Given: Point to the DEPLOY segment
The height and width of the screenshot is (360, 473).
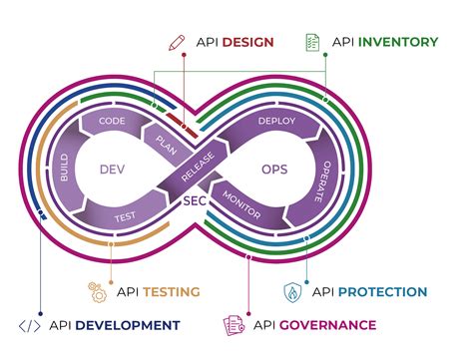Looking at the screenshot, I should click(x=277, y=121).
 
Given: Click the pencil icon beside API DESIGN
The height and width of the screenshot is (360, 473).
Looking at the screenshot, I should click(x=177, y=42).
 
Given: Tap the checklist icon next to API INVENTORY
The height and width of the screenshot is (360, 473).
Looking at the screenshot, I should click(x=312, y=42).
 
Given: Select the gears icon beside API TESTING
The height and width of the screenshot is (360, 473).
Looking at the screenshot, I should click(x=98, y=291).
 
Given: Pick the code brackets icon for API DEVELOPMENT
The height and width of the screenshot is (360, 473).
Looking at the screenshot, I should click(x=30, y=325).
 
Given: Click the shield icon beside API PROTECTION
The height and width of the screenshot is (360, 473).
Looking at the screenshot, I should click(x=292, y=292).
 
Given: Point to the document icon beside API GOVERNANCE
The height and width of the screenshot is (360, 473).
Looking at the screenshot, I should click(x=233, y=325).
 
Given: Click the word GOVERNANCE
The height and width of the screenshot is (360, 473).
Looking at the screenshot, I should click(x=330, y=325).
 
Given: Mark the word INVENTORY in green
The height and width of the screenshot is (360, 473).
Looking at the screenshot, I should click(x=397, y=42).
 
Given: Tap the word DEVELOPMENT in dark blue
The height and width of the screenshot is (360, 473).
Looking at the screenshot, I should click(x=130, y=325).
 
